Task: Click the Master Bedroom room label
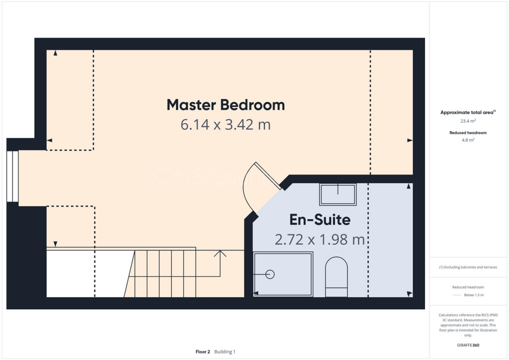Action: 225,105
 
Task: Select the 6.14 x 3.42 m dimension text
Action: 225,124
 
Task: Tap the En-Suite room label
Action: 320,220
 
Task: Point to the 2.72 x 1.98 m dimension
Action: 320,240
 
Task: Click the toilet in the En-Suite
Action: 337,277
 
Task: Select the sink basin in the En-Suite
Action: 338,194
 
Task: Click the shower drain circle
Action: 270,274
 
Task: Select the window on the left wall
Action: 12,176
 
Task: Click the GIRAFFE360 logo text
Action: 468,345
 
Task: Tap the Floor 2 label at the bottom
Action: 203,352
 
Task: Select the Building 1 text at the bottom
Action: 225,352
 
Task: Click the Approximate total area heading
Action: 467,112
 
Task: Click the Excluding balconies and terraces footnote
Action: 468,267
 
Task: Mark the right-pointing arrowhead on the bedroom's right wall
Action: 410,141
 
